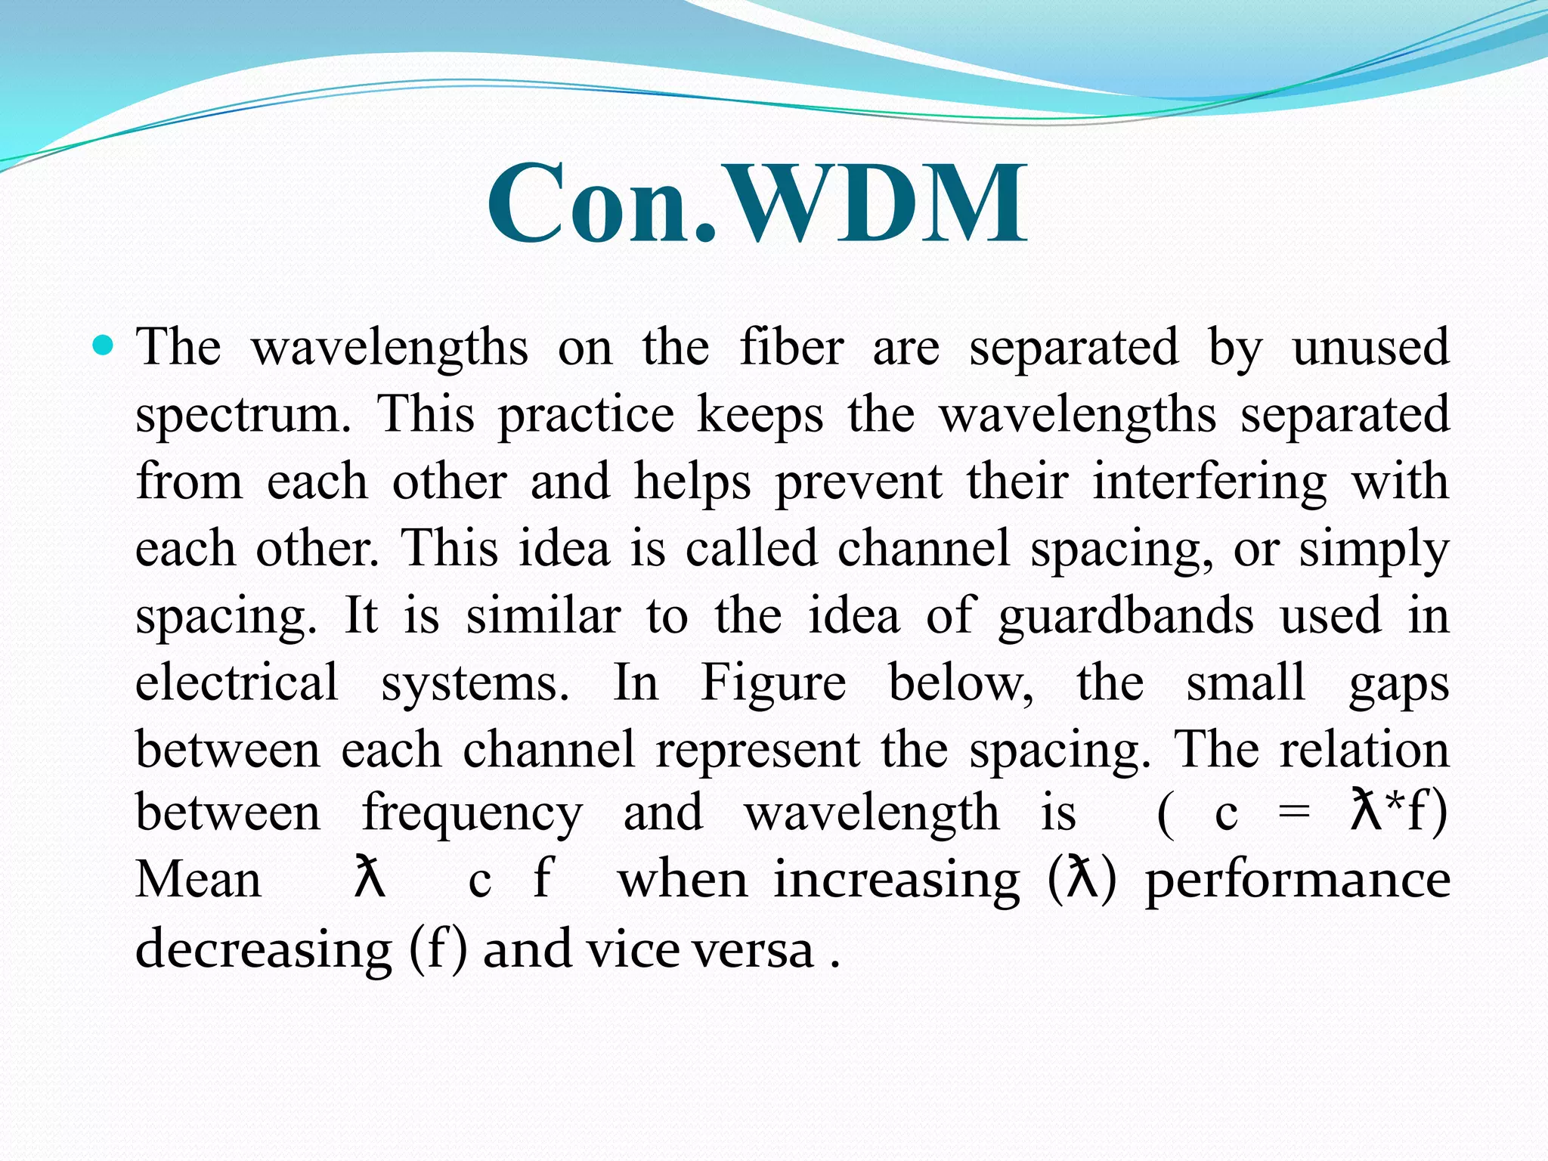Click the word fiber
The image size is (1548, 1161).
pos(791,348)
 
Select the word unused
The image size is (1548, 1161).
pos(1370,348)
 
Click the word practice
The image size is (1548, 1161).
pos(586,416)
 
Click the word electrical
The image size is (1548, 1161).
pos(237,682)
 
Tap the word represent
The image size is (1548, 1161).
pos(757,751)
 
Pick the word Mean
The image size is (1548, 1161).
pos(198,881)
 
